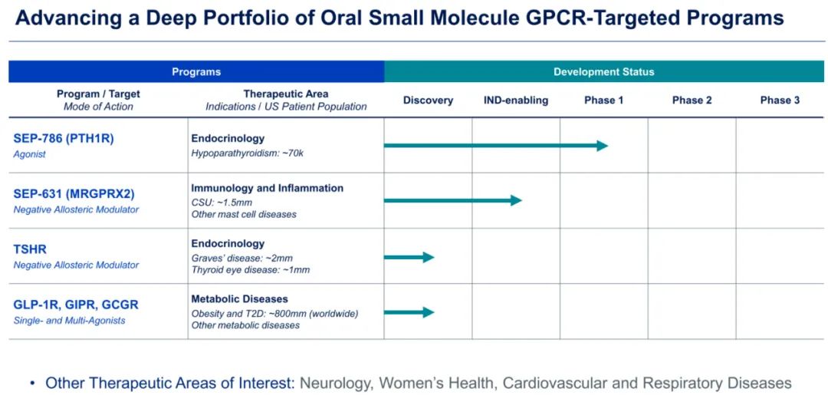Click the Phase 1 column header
[x=603, y=101]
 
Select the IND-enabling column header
[x=515, y=101]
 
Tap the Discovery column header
[x=428, y=101]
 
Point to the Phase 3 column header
[x=780, y=101]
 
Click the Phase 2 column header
[x=692, y=101]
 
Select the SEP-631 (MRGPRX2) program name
[x=74, y=194]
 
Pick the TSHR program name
[x=29, y=249]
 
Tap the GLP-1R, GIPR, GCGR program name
[x=76, y=305]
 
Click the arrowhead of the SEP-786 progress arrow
[x=602, y=146]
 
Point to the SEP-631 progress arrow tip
[x=516, y=201]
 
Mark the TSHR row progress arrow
[x=409, y=257]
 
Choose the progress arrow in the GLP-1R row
[x=409, y=312]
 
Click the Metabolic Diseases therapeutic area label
[x=239, y=299]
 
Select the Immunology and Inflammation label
[x=267, y=188]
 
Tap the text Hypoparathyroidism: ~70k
[x=247, y=153]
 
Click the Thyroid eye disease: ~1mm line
[x=250, y=270]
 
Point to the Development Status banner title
[x=603, y=72]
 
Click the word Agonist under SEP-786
[x=30, y=154]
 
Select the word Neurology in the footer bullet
[x=335, y=383]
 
